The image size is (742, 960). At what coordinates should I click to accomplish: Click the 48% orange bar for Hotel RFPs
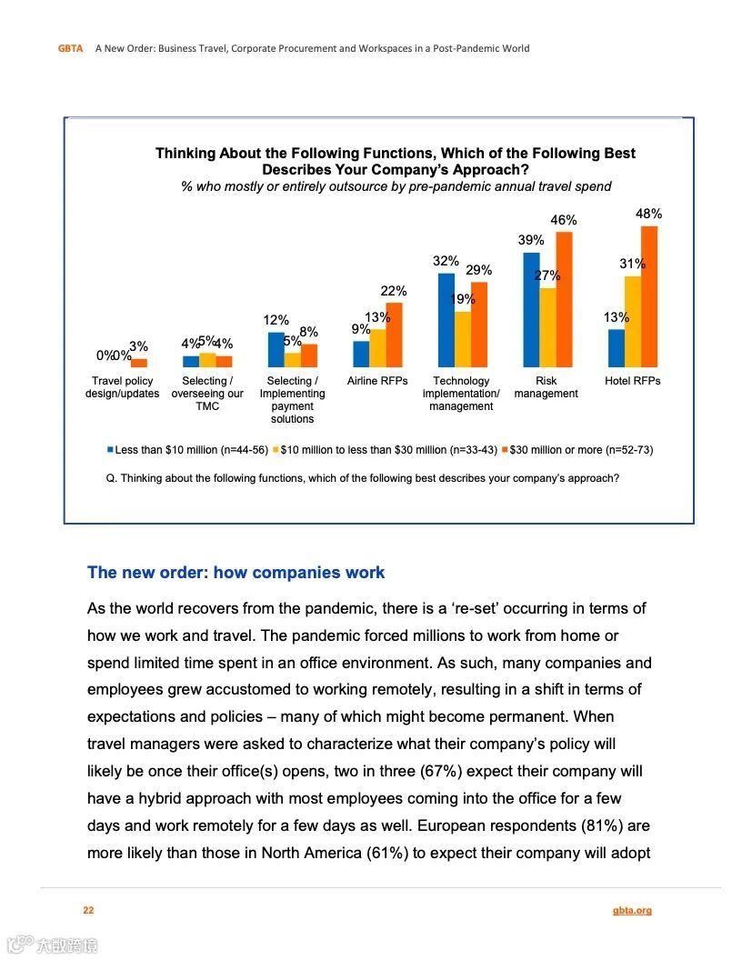pyautogui.click(x=649, y=296)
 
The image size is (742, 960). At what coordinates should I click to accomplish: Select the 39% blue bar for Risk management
pyautogui.click(x=531, y=309)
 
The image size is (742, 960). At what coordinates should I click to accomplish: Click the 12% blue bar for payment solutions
pyautogui.click(x=276, y=349)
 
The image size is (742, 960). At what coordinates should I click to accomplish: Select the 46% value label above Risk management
pyautogui.click(x=564, y=221)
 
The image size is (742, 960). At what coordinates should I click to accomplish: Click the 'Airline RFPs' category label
pyautogui.click(x=377, y=381)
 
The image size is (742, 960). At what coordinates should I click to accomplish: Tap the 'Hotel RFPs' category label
pyautogui.click(x=633, y=381)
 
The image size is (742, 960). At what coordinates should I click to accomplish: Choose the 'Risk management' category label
pyautogui.click(x=546, y=387)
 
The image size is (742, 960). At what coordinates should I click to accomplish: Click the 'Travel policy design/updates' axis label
pyautogui.click(x=122, y=387)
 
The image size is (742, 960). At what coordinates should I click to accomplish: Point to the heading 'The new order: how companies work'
pyautogui.click(x=236, y=573)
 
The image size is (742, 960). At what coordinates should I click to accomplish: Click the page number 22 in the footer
pyautogui.click(x=88, y=910)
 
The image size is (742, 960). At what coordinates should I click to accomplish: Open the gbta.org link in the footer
pyautogui.click(x=632, y=910)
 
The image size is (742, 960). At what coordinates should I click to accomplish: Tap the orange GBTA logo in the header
pyautogui.click(x=71, y=49)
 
